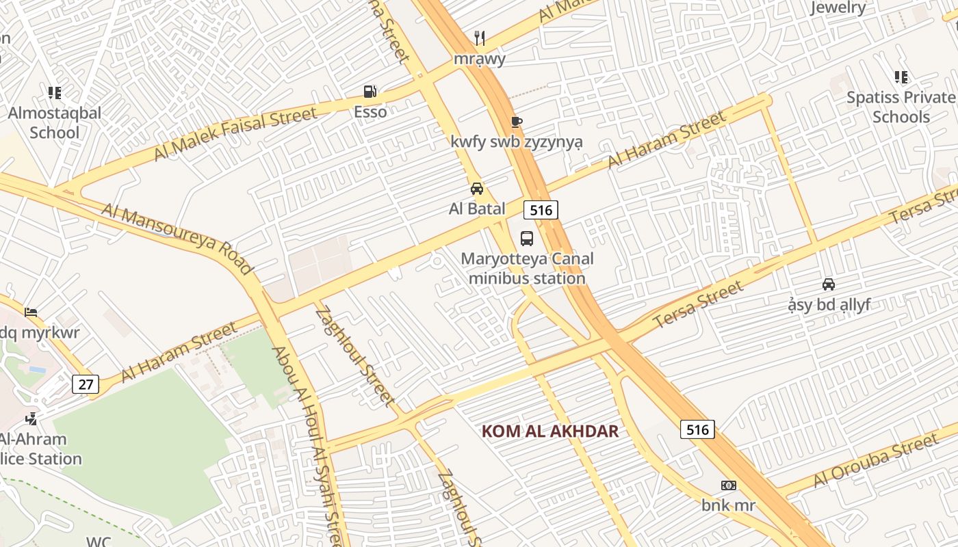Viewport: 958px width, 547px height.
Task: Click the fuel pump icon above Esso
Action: coord(370,92)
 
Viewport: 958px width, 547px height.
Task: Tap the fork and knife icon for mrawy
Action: coord(480,38)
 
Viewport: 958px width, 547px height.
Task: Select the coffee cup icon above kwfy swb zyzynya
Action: coord(517,122)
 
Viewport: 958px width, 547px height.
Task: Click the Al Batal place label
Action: coord(477,209)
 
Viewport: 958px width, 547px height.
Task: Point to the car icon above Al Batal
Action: coord(477,189)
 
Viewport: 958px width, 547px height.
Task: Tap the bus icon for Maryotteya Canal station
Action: coord(527,239)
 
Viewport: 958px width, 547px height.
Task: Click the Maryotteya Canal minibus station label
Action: coord(527,269)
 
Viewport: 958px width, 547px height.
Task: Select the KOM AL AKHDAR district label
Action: coord(550,431)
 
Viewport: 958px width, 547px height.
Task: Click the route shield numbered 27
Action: coord(86,384)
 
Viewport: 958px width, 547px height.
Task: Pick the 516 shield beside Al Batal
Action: coord(541,210)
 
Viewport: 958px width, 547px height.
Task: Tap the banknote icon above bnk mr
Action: coord(728,485)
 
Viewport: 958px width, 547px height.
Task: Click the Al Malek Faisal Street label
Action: coord(235,134)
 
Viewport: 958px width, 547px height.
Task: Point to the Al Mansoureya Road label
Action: coord(177,238)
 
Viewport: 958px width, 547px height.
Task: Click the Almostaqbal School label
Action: coord(55,122)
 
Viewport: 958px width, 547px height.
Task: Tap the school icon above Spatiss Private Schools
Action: coord(901,77)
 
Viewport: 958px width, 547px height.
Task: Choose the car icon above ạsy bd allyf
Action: coord(829,284)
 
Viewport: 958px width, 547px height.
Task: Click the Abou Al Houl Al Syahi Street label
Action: coord(307,444)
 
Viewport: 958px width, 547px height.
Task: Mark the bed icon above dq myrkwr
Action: coord(31,312)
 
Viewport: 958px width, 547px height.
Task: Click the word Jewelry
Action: coord(838,8)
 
